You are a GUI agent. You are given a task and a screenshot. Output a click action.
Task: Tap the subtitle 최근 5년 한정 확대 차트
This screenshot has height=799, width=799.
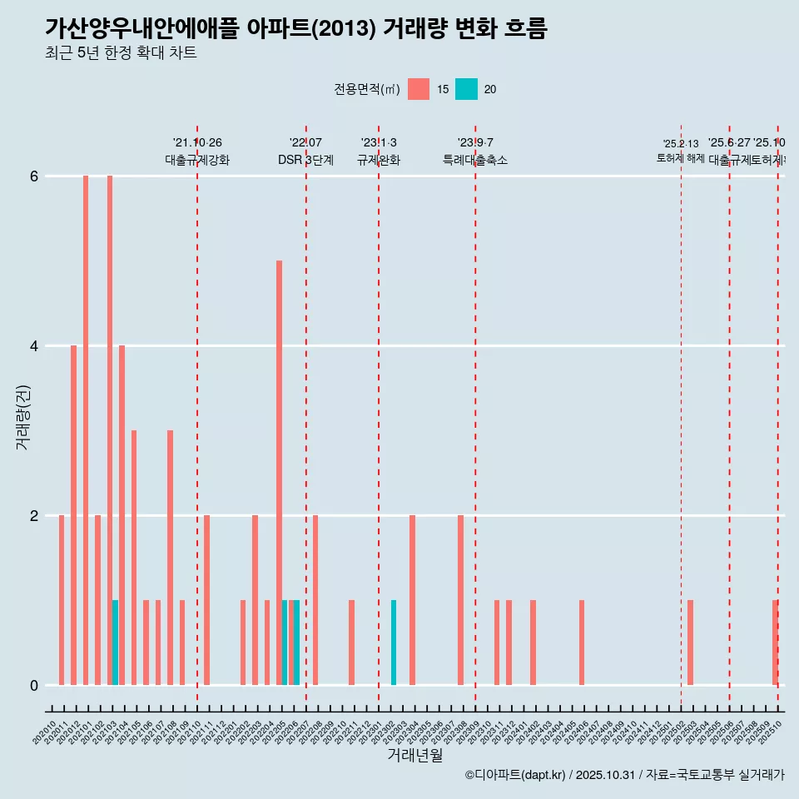[121, 53]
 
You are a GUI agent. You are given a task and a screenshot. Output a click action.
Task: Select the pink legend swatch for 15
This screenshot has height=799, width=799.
[419, 89]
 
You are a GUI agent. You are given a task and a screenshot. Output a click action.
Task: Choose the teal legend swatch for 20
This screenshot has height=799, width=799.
[466, 89]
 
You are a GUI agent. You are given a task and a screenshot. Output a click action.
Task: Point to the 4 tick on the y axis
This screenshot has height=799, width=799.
[34, 345]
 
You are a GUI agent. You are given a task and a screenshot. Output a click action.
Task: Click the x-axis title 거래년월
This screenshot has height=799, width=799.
[414, 755]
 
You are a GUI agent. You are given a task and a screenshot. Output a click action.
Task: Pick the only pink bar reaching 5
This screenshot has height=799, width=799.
[279, 473]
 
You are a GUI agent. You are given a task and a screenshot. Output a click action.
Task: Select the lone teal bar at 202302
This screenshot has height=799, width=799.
[394, 643]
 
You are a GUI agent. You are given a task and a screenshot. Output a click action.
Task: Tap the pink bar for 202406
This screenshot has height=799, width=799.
[582, 643]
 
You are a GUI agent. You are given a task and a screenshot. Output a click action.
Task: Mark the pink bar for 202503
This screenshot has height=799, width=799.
[690, 643]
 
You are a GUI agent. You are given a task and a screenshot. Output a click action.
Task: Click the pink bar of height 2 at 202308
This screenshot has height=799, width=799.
[460, 600]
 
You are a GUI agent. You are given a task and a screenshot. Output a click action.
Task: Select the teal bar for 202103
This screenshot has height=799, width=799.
[115, 643]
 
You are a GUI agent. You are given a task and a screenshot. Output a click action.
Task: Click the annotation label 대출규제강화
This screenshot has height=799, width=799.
[197, 160]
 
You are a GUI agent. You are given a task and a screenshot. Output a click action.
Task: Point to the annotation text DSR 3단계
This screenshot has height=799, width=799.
[305, 160]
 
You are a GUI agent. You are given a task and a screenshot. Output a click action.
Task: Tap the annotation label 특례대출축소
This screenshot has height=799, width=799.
[474, 160]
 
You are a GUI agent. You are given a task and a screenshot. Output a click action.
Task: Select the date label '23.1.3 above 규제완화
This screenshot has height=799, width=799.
[379, 142]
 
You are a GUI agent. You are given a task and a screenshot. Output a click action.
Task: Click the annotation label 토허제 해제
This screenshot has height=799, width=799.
[681, 157]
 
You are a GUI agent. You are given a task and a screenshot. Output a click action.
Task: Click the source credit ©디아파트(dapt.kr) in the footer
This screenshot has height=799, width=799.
[516, 775]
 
